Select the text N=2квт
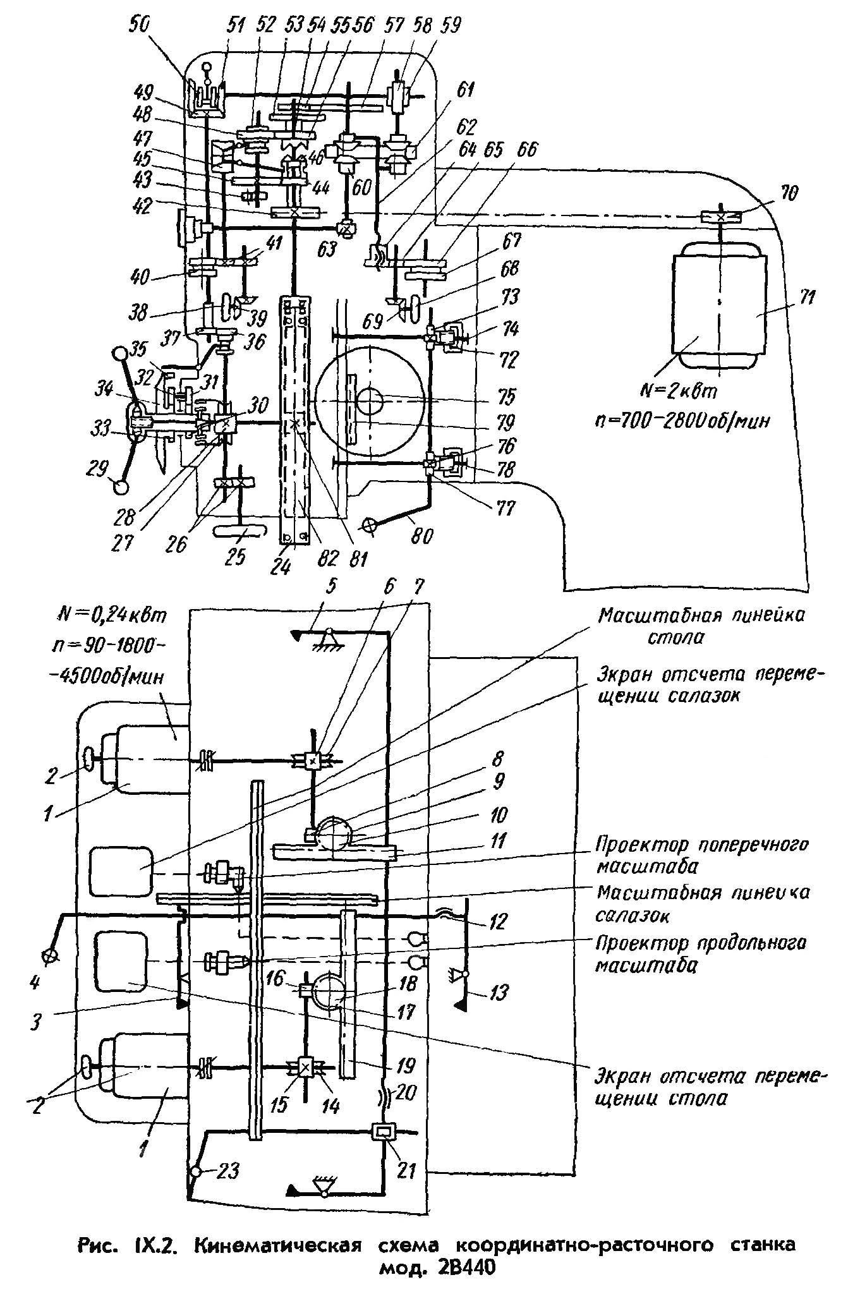[679, 392]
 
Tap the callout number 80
[421, 536]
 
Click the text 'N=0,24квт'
[111, 617]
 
